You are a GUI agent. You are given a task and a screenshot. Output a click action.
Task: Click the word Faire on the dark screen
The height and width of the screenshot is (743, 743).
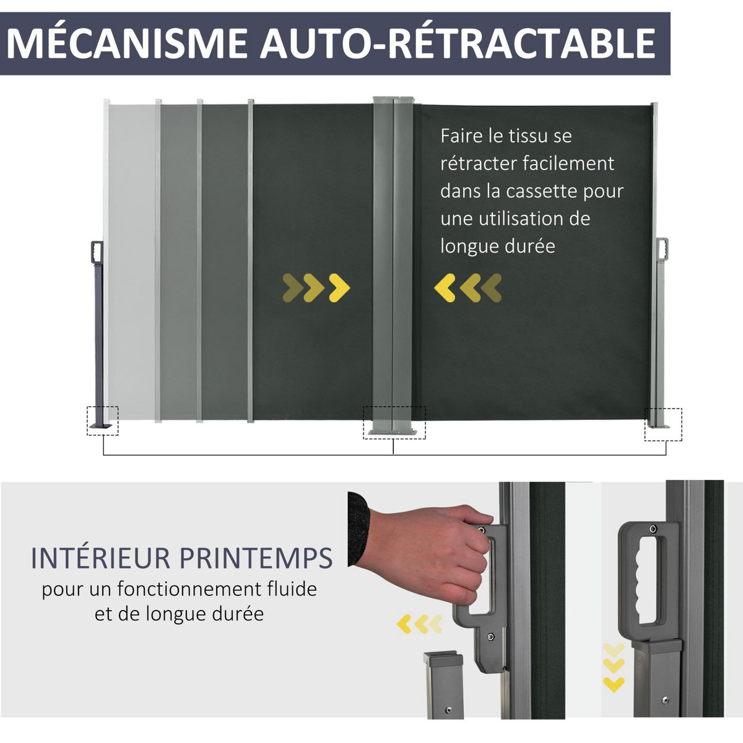click(458, 136)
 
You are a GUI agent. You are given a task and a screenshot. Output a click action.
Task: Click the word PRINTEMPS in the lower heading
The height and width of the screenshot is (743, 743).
click(256, 558)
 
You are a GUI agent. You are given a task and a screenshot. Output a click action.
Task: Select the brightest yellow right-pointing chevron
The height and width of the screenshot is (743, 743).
click(339, 287)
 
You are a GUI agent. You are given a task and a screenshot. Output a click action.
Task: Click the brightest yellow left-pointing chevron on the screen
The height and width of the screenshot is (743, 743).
click(445, 288)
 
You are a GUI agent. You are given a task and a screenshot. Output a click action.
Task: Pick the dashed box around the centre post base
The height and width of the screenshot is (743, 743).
click(394, 423)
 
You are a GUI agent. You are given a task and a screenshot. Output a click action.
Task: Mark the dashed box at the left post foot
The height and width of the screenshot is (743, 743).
click(102, 421)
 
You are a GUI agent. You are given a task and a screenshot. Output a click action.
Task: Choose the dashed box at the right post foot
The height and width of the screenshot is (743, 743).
click(663, 424)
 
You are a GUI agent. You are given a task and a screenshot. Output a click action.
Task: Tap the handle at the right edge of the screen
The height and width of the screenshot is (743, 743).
click(664, 249)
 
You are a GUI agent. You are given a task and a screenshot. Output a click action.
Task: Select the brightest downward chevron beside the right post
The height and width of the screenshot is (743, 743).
click(614, 684)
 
